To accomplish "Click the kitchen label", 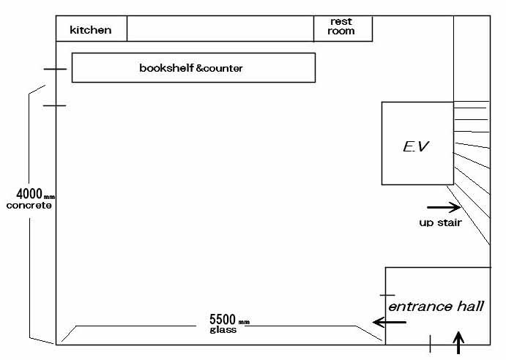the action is [91, 30].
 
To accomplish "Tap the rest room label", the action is [341, 26].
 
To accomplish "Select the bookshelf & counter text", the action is [191, 68].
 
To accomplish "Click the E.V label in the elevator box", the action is [416, 146].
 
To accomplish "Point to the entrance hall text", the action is [436, 307].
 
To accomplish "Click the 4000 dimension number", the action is [29, 194].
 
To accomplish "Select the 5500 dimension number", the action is [223, 319].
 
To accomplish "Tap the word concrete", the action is [29, 206].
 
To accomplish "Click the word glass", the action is [223, 330].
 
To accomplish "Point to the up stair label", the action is [441, 222].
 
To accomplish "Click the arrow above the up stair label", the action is [444, 207].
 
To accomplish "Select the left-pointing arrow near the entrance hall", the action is [389, 322].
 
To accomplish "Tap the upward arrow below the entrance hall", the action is [458, 342].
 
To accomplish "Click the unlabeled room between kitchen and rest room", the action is [220, 29].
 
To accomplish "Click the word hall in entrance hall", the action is [471, 306].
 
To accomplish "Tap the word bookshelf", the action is [166, 68].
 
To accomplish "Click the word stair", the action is [450, 222].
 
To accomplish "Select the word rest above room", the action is [341, 22].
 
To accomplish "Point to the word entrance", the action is [420, 307].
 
